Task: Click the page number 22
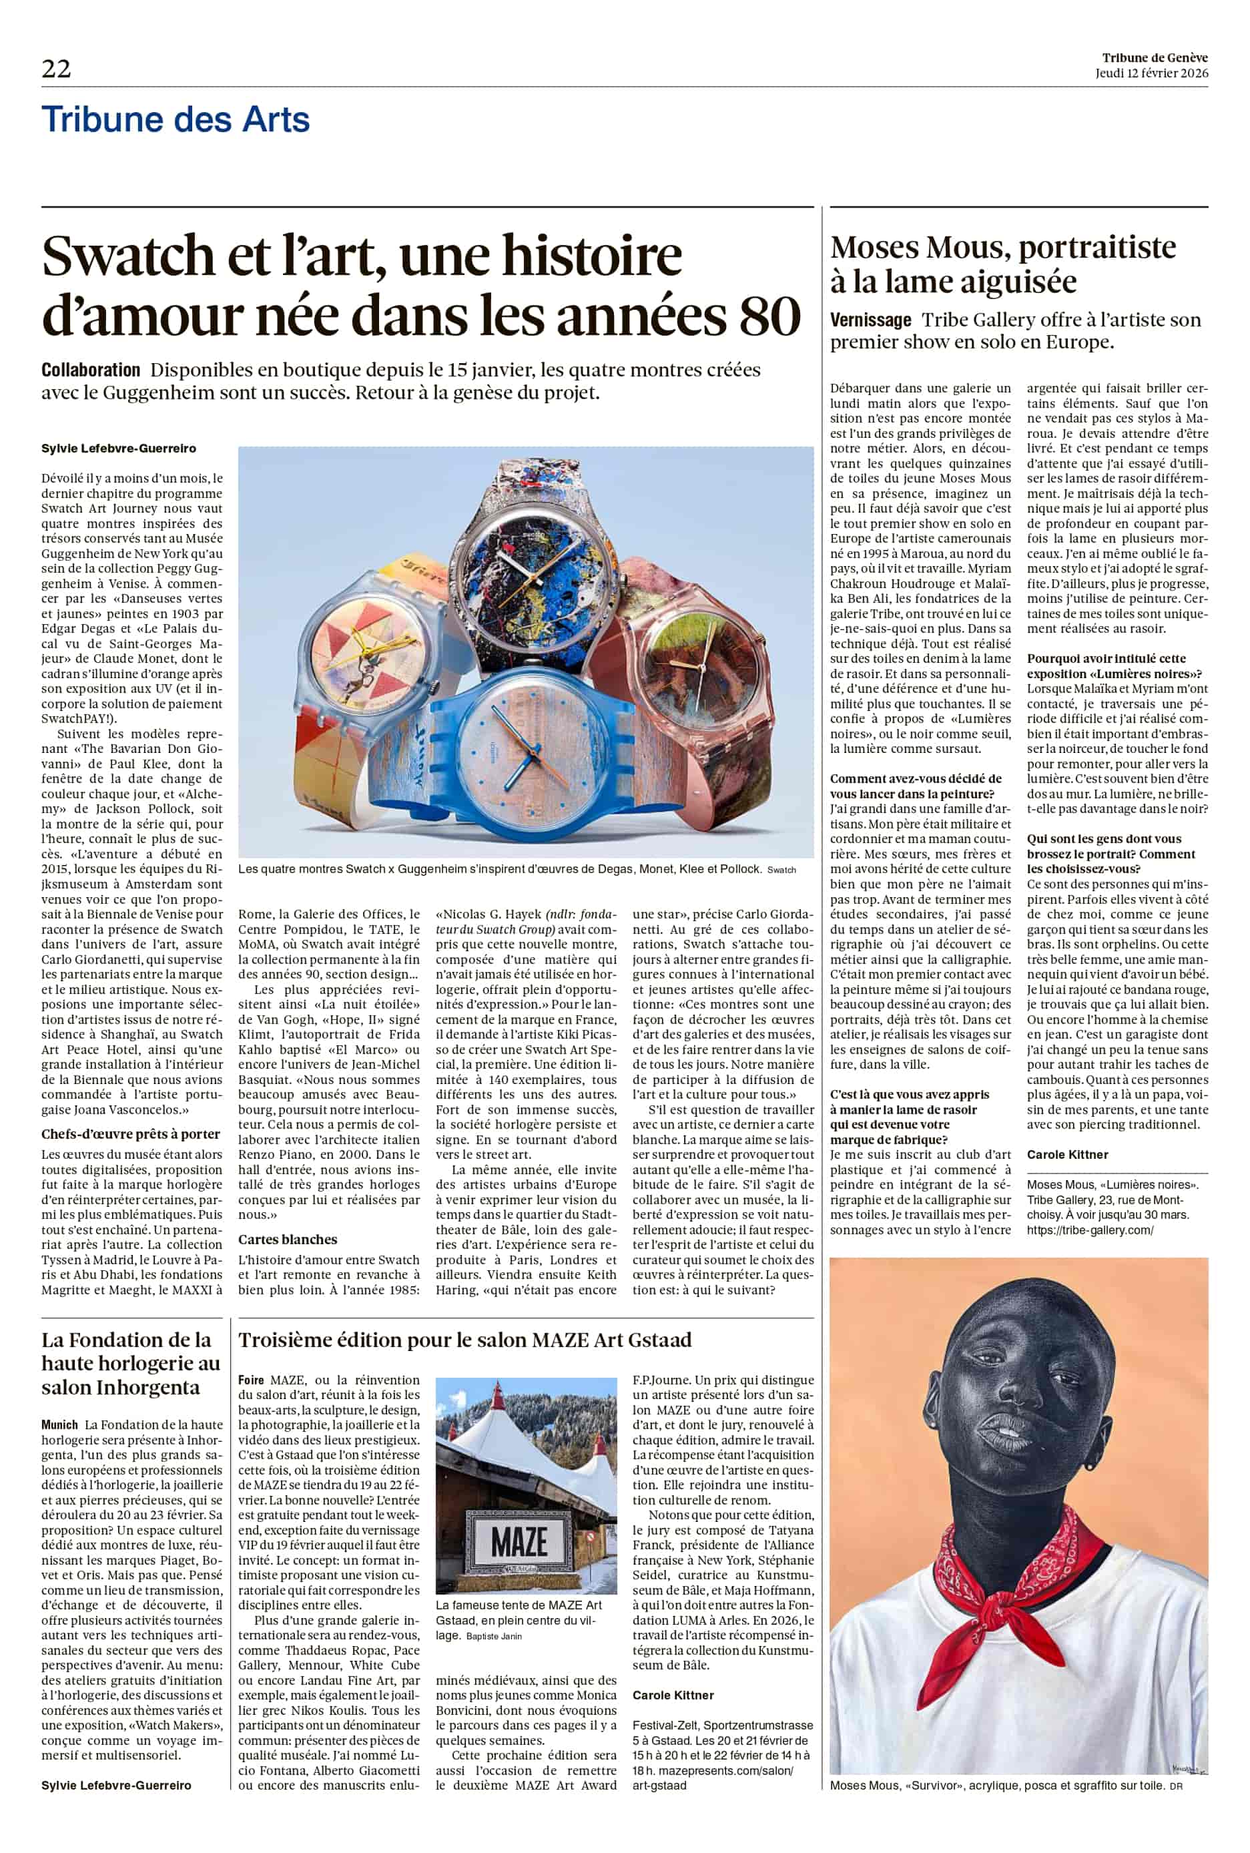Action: point(56,69)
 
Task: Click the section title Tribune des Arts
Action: point(176,119)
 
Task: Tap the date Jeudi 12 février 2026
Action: point(1151,73)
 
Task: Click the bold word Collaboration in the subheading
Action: point(91,370)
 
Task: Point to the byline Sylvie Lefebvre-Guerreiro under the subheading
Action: point(119,449)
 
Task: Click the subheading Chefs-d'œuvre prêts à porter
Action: point(131,1134)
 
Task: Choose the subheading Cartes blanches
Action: point(288,1239)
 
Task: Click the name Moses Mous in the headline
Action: point(920,248)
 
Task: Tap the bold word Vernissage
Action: point(870,320)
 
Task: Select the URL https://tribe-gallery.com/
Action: point(1090,1230)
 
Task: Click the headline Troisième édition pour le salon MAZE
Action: point(464,1340)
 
